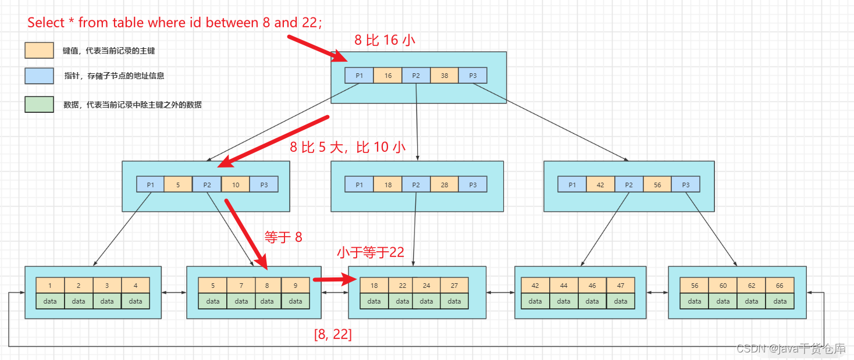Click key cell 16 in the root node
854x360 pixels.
387,76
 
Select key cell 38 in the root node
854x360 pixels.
444,76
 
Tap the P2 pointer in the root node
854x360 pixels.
416,76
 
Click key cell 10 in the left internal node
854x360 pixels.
236,185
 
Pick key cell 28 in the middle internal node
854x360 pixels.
444,185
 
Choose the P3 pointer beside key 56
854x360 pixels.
686,185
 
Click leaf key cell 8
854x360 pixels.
267,286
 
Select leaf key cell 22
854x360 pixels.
403,286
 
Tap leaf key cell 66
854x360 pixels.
780,286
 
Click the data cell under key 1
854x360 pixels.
50,301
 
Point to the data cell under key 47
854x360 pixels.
621,301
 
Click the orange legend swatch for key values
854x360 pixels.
40,50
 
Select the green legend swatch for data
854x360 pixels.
40,104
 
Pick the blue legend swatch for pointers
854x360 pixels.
40,76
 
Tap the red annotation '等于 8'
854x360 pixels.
283,237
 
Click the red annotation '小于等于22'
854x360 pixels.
371,252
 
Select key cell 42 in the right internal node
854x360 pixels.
600,185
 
